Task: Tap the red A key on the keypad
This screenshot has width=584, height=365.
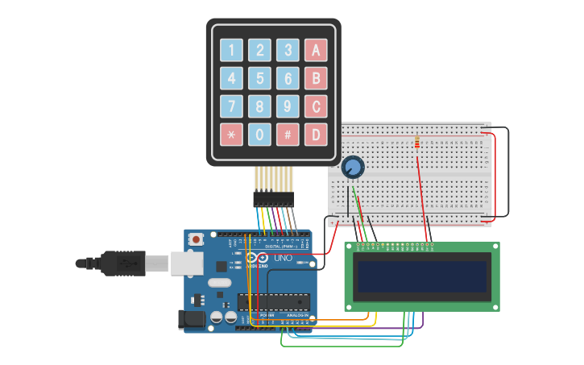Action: click(x=316, y=51)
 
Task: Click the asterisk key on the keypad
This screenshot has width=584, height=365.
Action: click(x=231, y=135)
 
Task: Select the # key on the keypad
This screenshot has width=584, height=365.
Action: click(x=288, y=135)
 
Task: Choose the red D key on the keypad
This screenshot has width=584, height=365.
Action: click(x=316, y=135)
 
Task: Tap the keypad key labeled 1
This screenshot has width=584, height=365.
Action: click(x=231, y=51)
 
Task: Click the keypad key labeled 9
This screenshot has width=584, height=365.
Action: click(x=288, y=106)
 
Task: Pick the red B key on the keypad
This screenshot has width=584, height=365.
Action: click(x=316, y=78)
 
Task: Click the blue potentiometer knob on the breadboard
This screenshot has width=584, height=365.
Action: click(x=352, y=168)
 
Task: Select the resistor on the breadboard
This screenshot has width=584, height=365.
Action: click(x=416, y=143)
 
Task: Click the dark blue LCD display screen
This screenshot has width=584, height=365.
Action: click(x=422, y=276)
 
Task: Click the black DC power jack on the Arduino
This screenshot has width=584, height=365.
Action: click(x=193, y=320)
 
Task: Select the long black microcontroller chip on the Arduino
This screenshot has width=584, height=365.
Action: click(x=273, y=301)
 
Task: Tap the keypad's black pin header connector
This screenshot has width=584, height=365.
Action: click(x=273, y=198)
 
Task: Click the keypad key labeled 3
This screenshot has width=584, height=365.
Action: click(x=288, y=51)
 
